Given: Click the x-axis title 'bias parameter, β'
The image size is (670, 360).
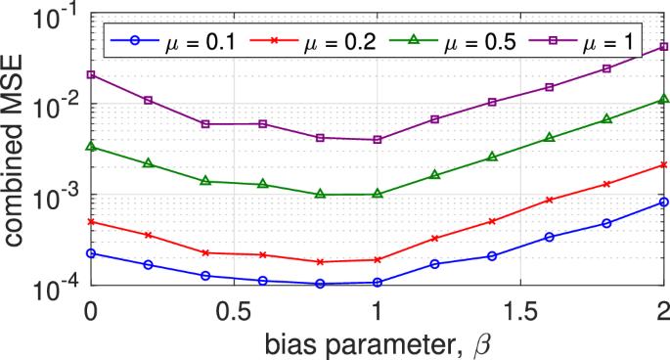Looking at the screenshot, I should (377, 343).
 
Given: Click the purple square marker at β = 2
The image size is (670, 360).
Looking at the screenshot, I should (663, 46).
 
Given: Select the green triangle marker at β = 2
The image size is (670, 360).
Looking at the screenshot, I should (663, 99).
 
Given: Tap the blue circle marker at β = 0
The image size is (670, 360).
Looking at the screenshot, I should (90, 253).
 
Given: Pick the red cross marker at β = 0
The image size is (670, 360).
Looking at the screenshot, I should (90, 222).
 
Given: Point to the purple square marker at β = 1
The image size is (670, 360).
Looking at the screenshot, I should (377, 140).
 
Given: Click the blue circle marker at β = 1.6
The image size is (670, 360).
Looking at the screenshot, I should (549, 237).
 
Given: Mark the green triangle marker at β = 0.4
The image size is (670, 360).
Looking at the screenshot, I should (204, 181).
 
